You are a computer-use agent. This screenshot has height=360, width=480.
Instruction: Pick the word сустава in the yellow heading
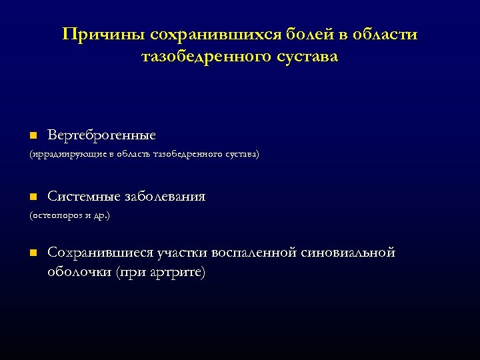point(303,57)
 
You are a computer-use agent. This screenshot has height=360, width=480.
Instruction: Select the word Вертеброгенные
point(101,135)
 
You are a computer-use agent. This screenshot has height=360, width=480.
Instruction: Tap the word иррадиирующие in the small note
point(63,154)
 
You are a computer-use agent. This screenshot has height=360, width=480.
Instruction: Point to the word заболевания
point(164,197)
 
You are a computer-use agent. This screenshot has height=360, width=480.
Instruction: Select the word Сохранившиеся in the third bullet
point(100,253)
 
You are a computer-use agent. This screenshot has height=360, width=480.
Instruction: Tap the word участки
point(182,253)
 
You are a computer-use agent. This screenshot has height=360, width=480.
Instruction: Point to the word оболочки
point(79,272)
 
